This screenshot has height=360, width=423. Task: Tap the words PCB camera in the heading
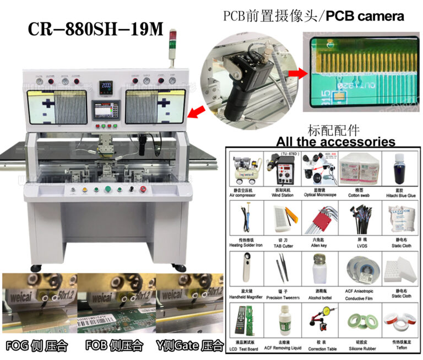pyautogui.click(x=365, y=16)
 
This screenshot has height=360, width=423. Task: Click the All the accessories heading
pyautogui.click(x=335, y=142)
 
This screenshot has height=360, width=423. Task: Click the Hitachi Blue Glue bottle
pyautogui.click(x=399, y=168)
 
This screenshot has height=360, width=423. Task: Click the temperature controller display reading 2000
pyautogui.click(x=106, y=87)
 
